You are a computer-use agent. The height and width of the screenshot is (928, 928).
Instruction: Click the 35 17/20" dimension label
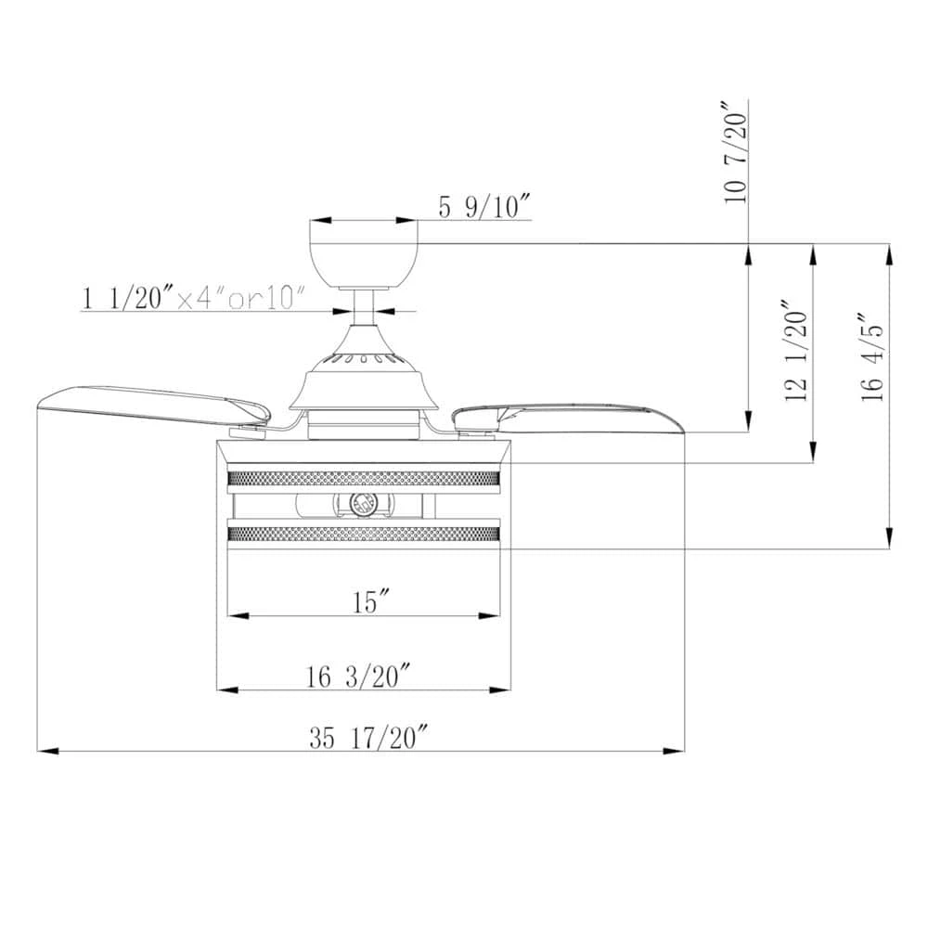click(368, 738)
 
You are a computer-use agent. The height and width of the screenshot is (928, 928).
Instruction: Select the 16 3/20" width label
click(358, 677)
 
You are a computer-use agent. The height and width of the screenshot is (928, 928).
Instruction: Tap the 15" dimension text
click(372, 602)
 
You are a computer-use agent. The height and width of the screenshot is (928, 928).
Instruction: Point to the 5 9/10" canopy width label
click(483, 207)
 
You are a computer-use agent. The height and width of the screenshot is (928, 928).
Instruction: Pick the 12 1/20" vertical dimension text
click(796, 351)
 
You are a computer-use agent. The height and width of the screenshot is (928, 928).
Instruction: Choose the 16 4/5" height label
click(872, 358)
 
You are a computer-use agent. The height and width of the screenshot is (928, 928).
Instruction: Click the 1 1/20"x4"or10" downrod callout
click(193, 297)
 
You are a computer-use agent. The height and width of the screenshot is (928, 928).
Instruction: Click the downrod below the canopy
click(364, 307)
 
